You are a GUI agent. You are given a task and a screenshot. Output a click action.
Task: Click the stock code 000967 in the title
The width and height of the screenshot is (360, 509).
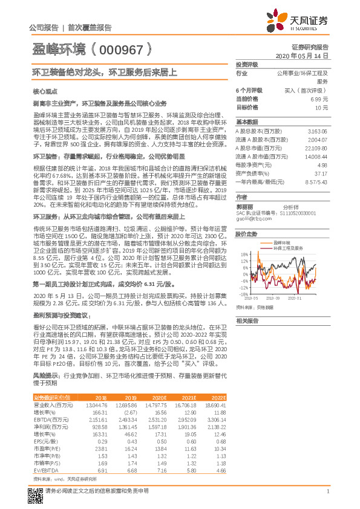[125, 49]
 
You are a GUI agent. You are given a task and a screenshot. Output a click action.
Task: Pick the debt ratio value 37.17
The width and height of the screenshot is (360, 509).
[321, 172]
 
